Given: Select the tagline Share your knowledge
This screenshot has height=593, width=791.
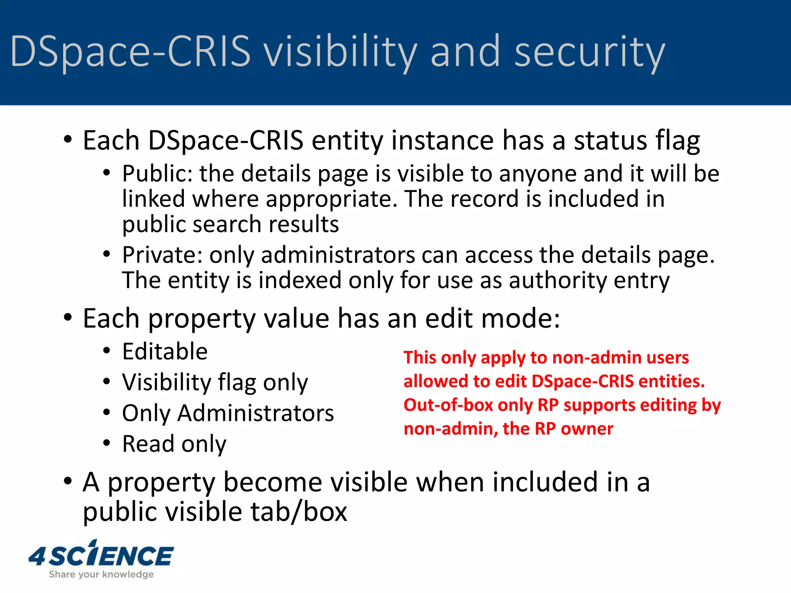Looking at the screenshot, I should point(101,574).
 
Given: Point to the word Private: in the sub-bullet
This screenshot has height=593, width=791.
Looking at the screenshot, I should point(162,255).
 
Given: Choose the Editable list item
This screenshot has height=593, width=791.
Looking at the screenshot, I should point(165,351).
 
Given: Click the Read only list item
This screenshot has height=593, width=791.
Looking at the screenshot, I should point(174,444).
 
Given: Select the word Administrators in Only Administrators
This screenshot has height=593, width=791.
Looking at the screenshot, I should point(255,413).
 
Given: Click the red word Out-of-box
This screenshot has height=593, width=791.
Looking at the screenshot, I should point(448,405).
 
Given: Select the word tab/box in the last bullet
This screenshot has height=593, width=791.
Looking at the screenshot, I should point(299,512).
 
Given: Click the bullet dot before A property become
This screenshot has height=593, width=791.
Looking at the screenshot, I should point(68,481).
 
